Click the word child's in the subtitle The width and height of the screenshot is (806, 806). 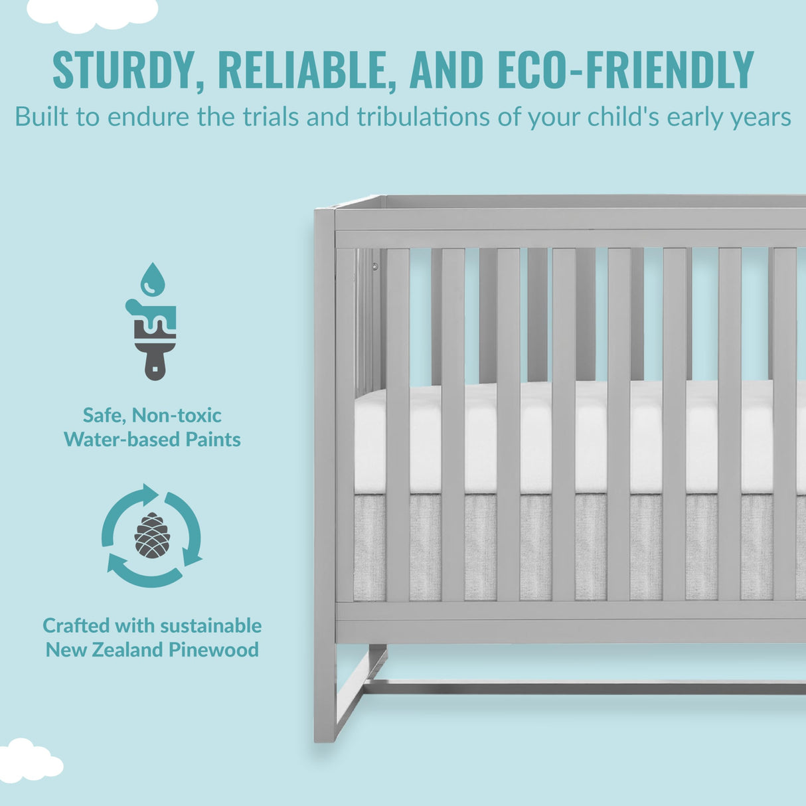pos(623,118)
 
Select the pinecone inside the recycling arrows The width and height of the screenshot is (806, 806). pos(152,535)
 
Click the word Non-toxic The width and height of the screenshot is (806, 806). pos(177,415)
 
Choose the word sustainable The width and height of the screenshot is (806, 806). pos(210,625)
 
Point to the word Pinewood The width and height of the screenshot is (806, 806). pos(213,650)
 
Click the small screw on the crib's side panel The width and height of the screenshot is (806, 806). pos(375,266)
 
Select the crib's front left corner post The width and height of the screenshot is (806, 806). pos(325,465)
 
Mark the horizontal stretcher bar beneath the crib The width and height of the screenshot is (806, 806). pos(584,688)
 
